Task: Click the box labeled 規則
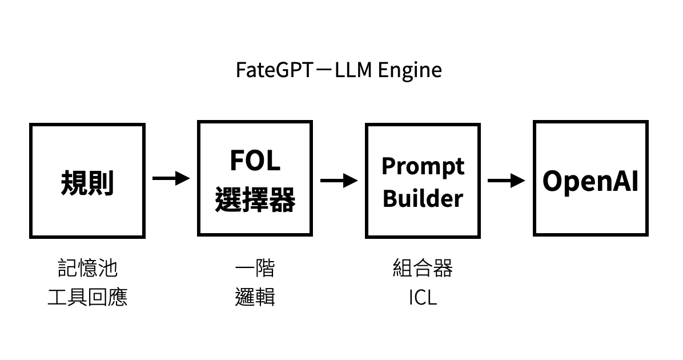(87, 181)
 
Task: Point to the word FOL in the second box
(255, 161)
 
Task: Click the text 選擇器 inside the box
(255, 200)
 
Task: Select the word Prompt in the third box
(423, 166)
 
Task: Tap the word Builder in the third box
(423, 198)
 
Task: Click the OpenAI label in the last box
(590, 181)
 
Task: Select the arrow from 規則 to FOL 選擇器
(171, 178)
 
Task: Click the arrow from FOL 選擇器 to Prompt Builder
(339, 181)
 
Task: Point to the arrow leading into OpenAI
(507, 181)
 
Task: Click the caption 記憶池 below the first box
(87, 267)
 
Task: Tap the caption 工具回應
(87, 297)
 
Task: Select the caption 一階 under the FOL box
(255, 267)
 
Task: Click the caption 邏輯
(255, 297)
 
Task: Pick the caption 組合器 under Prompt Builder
(423, 267)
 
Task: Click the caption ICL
(423, 298)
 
